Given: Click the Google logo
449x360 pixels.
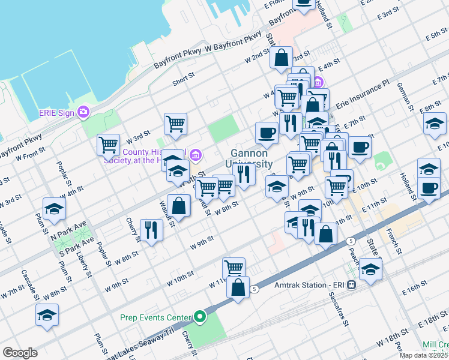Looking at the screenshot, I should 20,353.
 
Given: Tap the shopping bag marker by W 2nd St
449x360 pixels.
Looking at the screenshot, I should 281,59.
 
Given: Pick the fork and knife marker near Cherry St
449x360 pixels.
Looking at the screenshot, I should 151,230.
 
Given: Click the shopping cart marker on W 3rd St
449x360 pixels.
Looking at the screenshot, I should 175,124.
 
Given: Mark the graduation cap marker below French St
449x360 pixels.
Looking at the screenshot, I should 372,269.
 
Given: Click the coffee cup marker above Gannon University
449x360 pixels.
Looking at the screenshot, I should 267,133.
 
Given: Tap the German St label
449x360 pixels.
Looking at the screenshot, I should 402,95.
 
